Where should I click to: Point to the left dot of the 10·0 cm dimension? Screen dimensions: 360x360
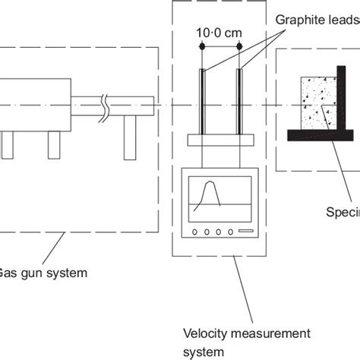[202, 46]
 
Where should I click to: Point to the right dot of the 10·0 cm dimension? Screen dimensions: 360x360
[240, 46]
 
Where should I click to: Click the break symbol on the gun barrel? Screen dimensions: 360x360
[111, 106]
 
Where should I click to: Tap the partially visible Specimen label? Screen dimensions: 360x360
[343, 212]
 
